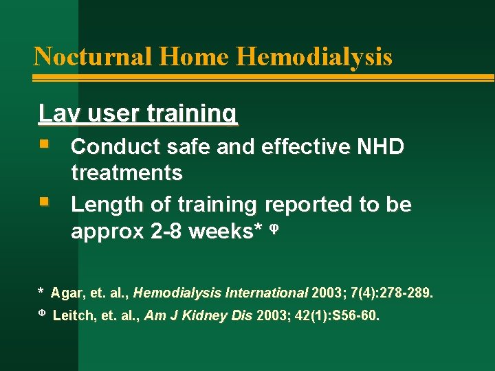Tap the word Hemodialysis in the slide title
314,56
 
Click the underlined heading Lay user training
138,113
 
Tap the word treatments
126,173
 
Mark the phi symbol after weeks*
272,229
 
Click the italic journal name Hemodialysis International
221,293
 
